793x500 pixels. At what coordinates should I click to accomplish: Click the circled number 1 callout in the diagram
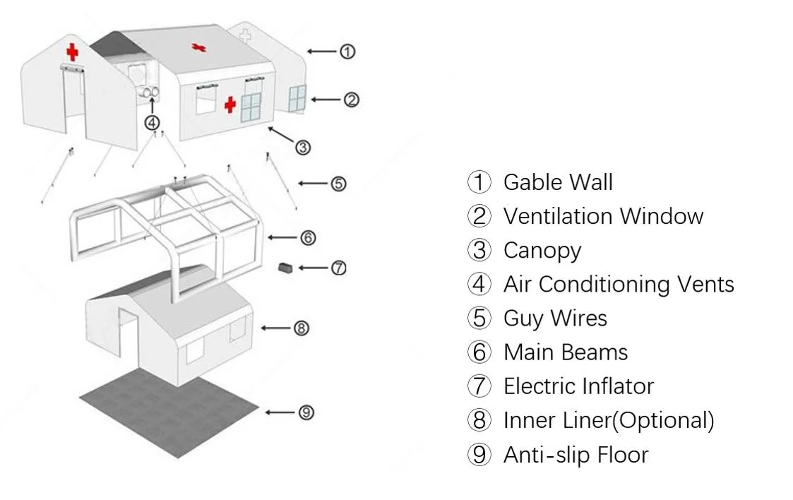point(347,52)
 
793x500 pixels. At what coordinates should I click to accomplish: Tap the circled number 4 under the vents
point(152,122)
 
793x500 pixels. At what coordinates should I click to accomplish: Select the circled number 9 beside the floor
point(306,413)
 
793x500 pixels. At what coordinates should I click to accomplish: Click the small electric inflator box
point(286,268)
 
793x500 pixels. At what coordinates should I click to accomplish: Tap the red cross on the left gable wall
point(72,52)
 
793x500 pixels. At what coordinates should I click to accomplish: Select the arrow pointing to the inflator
point(314,268)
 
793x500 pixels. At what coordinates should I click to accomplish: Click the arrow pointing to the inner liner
point(276,328)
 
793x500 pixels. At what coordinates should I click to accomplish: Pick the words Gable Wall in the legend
point(557,182)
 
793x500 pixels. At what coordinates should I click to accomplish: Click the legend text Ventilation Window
point(603,216)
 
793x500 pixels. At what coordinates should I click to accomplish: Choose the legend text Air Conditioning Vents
point(619,284)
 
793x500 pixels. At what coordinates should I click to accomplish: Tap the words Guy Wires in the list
point(555,318)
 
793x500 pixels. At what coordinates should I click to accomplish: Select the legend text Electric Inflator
point(578,386)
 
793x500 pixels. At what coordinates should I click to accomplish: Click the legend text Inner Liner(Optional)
point(609,420)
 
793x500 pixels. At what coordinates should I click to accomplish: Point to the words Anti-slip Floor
point(576,455)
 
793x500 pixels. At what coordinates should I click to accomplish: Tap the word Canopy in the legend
point(542,250)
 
